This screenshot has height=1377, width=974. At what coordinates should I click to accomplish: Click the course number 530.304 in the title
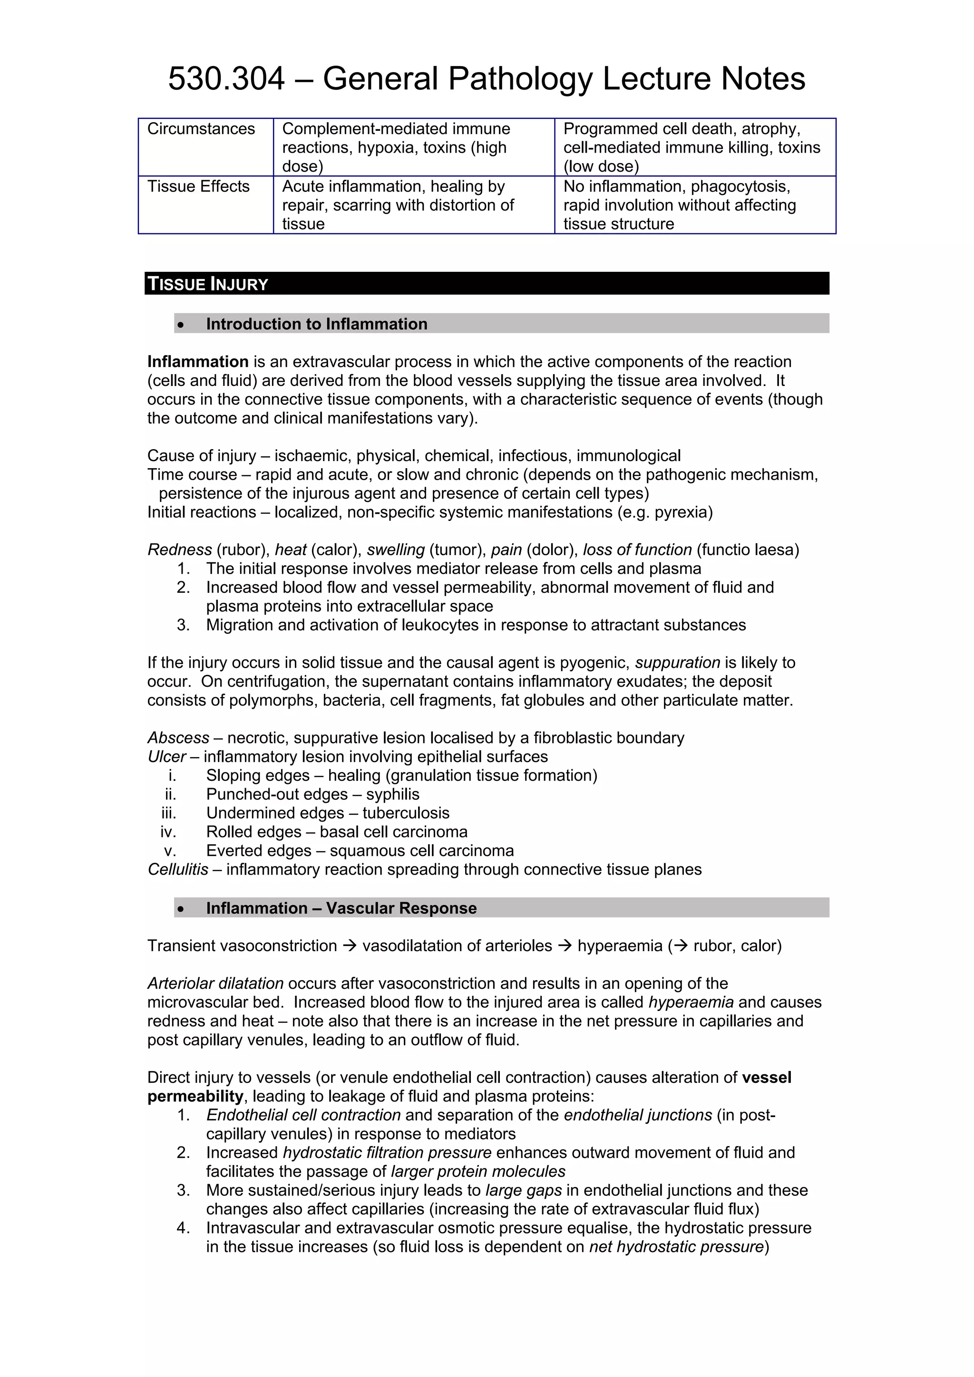click(x=226, y=78)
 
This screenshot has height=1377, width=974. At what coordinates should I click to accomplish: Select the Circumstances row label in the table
click(x=201, y=129)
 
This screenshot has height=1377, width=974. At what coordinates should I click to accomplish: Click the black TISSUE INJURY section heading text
click(x=208, y=284)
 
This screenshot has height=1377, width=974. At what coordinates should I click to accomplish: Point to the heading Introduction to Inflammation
click(x=316, y=324)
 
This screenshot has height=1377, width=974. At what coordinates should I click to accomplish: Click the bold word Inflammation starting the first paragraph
click(x=197, y=362)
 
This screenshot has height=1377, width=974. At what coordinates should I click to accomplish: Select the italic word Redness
click(x=179, y=550)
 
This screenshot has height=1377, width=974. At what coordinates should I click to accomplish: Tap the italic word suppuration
click(x=678, y=663)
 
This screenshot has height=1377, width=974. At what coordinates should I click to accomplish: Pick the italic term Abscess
click(x=178, y=738)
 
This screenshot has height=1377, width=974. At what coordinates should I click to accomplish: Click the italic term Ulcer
click(x=166, y=757)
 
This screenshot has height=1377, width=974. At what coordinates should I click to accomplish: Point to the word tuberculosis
click(x=406, y=813)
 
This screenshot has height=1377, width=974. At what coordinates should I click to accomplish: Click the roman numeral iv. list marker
click(x=168, y=832)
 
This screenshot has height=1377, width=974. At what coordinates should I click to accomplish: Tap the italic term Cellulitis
click(x=178, y=870)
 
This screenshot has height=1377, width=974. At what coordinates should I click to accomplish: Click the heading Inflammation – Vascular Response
click(x=341, y=908)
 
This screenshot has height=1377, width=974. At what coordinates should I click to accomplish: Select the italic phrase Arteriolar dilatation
click(x=215, y=983)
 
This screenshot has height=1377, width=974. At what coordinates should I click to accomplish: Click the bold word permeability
click(x=195, y=1096)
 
